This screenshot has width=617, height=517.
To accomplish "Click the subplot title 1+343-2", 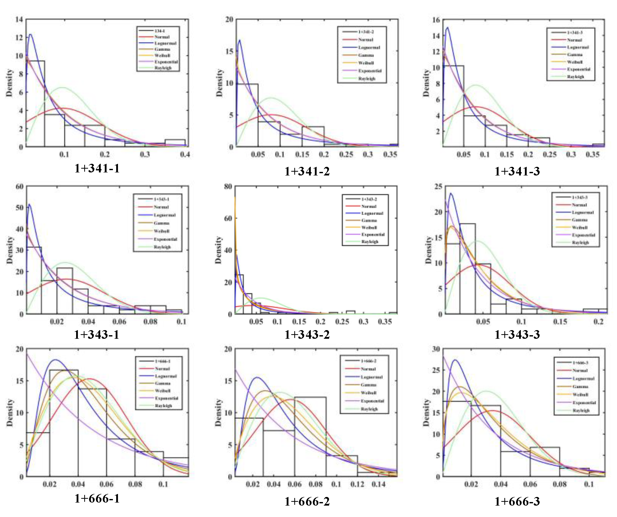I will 307,335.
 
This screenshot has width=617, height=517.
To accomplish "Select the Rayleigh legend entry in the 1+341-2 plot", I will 367,78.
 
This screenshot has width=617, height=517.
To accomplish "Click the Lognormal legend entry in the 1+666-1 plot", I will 166,376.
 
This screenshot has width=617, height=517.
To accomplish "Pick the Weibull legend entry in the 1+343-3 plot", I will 579,227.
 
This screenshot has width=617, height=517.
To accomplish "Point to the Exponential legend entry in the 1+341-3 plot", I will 578,69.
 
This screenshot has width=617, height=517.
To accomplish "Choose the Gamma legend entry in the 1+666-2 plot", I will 368,385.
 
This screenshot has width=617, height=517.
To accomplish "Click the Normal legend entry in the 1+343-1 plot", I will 161,207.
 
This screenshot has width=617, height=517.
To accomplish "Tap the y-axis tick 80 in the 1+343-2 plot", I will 228,186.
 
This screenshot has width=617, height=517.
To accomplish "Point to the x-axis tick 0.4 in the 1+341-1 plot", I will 185,154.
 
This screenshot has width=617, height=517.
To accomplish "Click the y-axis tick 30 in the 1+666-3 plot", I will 436,349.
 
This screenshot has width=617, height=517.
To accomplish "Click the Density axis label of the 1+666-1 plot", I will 10,413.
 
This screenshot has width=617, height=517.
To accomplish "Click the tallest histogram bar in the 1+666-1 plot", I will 64,423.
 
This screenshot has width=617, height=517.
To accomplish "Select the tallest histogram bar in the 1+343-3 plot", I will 468,269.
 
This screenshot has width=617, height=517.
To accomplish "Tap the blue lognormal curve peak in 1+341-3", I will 448,28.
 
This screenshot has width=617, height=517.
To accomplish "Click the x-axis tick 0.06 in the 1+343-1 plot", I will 119,322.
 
